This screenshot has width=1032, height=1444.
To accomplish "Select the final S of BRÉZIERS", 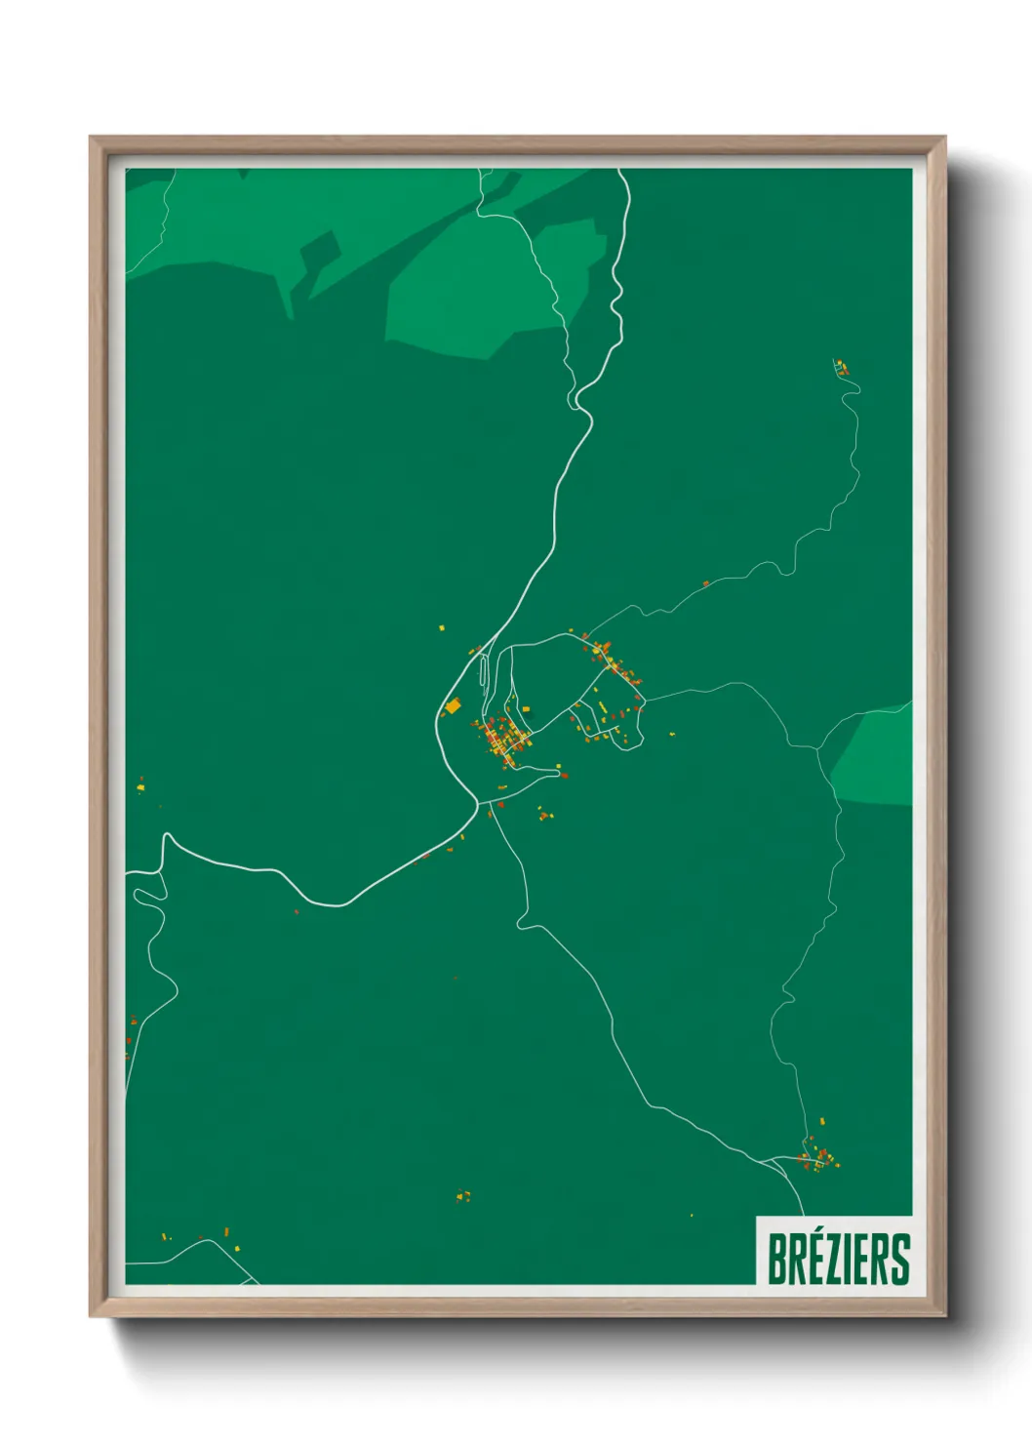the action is click(899, 1260).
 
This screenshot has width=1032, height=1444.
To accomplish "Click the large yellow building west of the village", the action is click(453, 705).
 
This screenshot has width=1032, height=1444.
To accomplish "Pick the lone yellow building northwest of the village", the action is click(441, 627).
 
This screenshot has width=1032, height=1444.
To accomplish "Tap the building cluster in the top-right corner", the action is click(841, 367).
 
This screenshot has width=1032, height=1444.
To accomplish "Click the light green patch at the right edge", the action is click(876, 757).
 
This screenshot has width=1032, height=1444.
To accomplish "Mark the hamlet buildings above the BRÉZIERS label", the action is click(817, 1157).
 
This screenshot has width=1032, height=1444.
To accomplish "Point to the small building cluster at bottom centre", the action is click(463, 1195).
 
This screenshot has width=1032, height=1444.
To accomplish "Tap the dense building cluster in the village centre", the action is click(503, 740).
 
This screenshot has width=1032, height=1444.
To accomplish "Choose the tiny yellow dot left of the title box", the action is click(692, 1215).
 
